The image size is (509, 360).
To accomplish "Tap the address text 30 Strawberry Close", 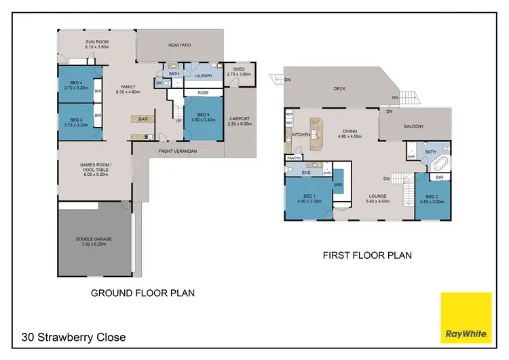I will tap(73, 337).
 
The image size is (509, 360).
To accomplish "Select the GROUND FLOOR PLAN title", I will tap(143, 293).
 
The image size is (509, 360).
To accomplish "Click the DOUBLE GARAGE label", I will tap(94, 240).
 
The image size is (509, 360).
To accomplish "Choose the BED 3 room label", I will tap(74, 122).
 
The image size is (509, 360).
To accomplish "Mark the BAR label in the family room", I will tap(143, 119).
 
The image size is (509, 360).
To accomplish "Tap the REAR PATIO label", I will tap(179, 46).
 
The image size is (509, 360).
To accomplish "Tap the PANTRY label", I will tap(294, 158).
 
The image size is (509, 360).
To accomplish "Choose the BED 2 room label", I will tap(432, 199).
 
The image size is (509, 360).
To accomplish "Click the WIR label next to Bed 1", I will tap(337, 183).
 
